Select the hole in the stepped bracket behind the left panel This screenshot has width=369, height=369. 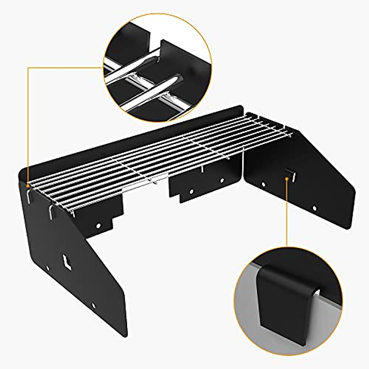tap(98, 226)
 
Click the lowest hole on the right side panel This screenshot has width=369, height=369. tap(314, 208)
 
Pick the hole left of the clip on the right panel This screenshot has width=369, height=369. tap(263, 184)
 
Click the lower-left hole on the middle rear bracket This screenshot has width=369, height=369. tap(191, 191)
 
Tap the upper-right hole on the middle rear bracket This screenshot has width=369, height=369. tap(221, 181)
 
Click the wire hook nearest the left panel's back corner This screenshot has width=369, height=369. tap(28, 196)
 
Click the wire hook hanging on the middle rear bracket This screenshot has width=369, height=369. tap(203, 168)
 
